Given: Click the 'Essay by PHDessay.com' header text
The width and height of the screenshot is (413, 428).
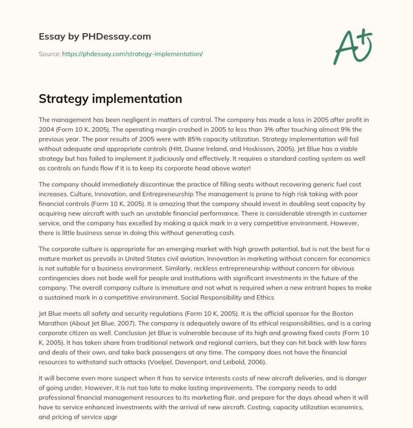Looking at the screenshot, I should tap(95, 37).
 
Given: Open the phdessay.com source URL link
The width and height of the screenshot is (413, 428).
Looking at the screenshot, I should tap(132, 54).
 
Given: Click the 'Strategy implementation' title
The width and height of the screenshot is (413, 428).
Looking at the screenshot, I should tap(110, 99).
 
